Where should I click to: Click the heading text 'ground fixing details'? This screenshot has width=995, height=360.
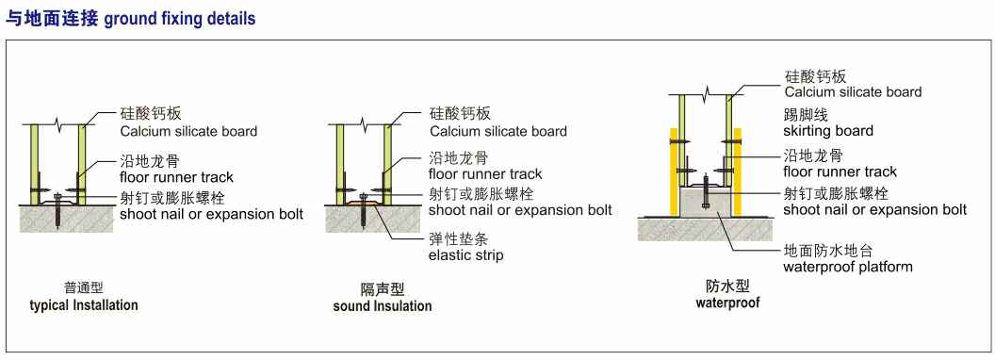(180, 19)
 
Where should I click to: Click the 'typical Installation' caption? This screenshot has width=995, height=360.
(84, 305)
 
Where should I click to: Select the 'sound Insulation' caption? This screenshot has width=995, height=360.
(383, 306)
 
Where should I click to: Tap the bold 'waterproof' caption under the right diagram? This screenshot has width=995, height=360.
(727, 303)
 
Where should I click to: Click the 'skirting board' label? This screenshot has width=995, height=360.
(828, 131)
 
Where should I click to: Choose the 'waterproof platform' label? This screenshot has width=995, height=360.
(848, 267)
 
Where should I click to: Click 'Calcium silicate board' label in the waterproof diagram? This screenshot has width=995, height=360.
(853, 92)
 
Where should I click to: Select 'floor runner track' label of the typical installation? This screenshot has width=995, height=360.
(177, 177)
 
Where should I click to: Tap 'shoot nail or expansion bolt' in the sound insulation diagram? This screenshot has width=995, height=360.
(520, 209)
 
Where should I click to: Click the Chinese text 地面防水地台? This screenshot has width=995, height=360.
(821, 250)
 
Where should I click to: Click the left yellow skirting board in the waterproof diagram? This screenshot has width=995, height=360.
(674, 172)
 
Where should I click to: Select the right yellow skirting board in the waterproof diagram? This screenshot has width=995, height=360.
(738, 172)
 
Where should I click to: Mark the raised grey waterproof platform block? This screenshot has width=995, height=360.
(706, 202)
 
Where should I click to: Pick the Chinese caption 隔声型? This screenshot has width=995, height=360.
(383, 290)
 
